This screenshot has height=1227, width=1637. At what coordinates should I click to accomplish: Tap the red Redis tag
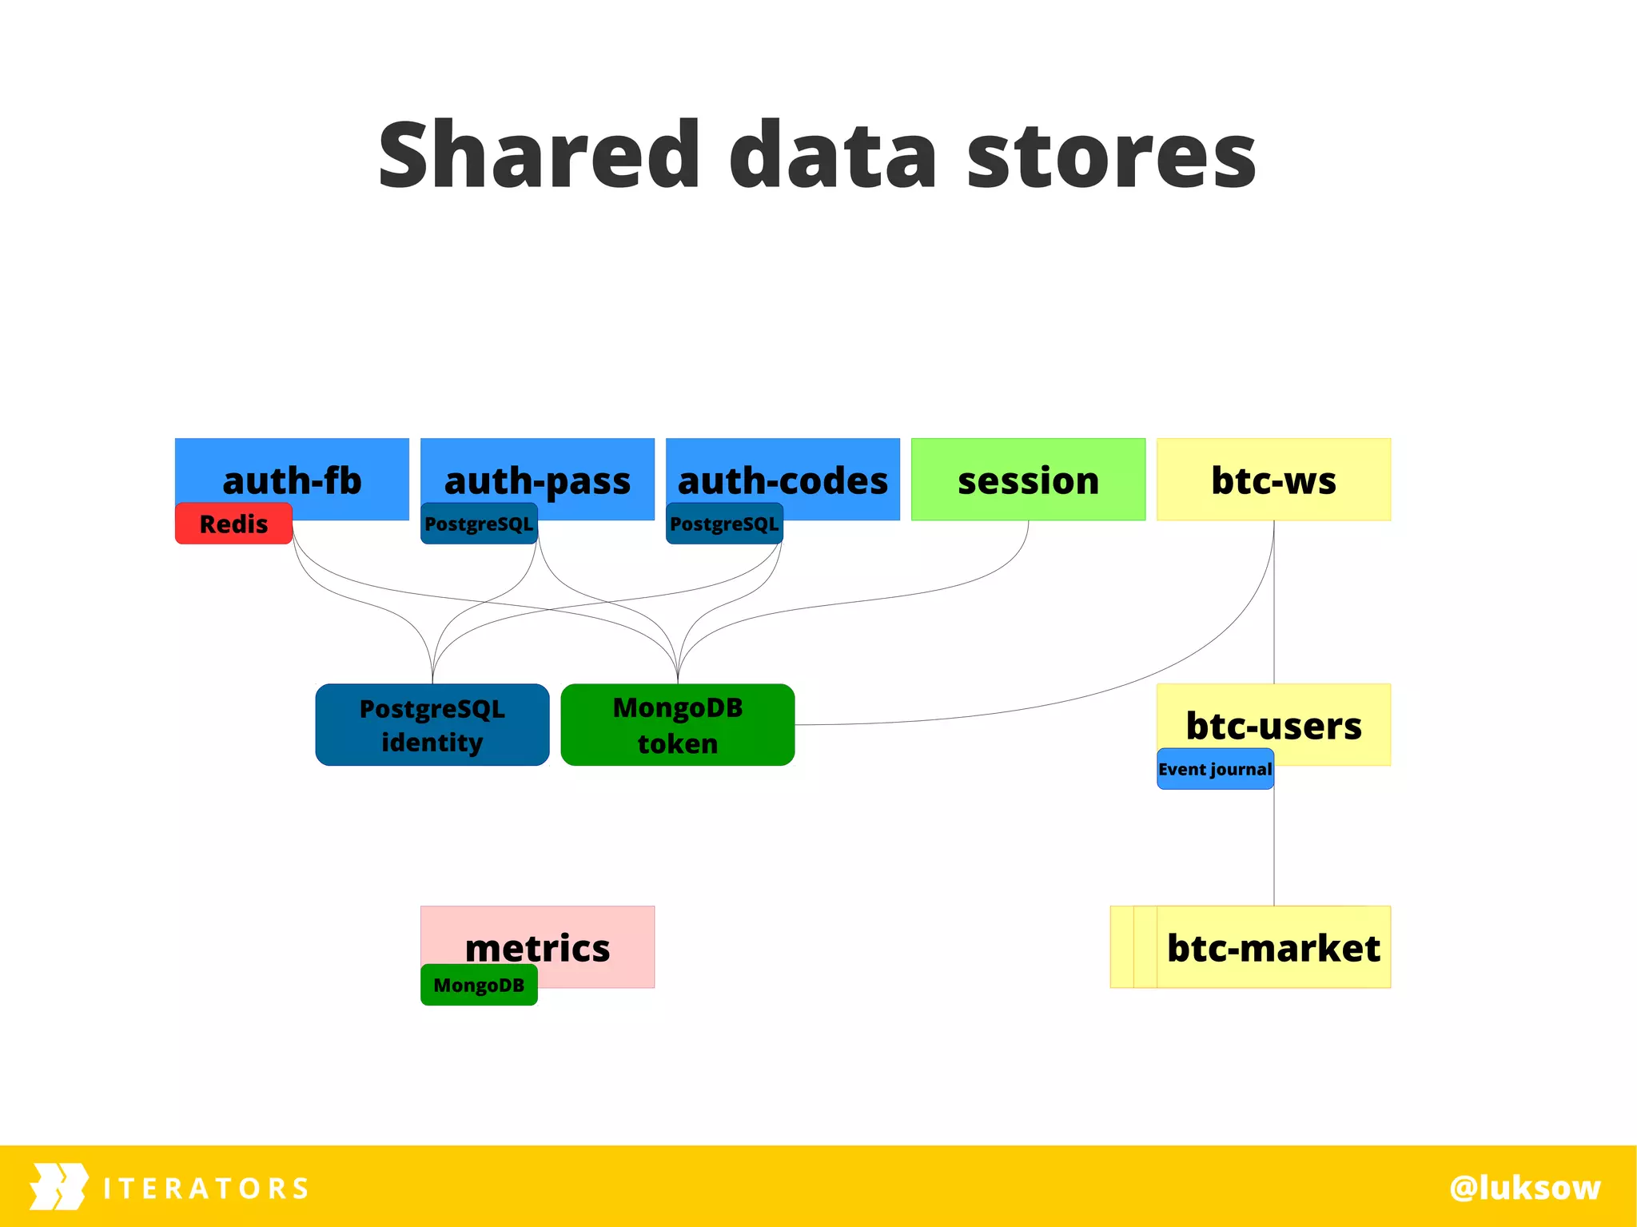tap(233, 524)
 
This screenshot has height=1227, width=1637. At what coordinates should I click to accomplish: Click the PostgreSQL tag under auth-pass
tap(479, 524)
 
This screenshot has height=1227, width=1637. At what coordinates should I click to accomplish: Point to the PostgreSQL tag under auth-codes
tap(724, 524)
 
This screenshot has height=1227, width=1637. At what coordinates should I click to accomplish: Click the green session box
tap(1028, 480)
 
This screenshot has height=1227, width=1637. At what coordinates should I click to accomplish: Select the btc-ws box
tap(1273, 480)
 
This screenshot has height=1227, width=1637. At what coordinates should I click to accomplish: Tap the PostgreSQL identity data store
tap(432, 725)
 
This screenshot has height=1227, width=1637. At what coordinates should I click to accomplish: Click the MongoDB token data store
tap(678, 725)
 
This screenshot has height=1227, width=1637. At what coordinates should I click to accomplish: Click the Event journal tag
tap(1215, 769)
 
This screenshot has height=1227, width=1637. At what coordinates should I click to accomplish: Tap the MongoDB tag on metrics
tap(479, 985)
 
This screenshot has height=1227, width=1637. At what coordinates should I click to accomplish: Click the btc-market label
tap(1273, 947)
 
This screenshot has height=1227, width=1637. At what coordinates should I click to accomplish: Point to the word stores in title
tap(1111, 156)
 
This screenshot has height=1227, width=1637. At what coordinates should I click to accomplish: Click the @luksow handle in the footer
tap(1524, 1187)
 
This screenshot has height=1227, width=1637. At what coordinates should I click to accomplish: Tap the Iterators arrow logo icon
tap(58, 1186)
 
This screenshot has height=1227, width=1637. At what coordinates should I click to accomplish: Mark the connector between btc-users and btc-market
tap(1274, 847)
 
